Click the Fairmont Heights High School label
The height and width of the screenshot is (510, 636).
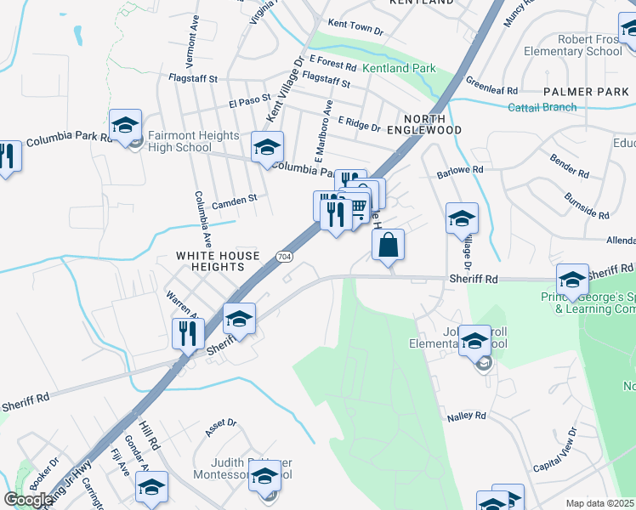pos(179,141)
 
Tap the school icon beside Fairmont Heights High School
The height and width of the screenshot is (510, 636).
pos(125,127)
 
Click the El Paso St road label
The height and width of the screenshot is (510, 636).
pos(249,102)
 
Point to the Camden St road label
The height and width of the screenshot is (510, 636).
pos(234,201)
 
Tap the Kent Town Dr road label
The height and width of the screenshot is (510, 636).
pos(355,29)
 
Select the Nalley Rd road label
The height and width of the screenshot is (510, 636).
pos(466,416)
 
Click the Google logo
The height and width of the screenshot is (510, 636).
pos(28,500)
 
